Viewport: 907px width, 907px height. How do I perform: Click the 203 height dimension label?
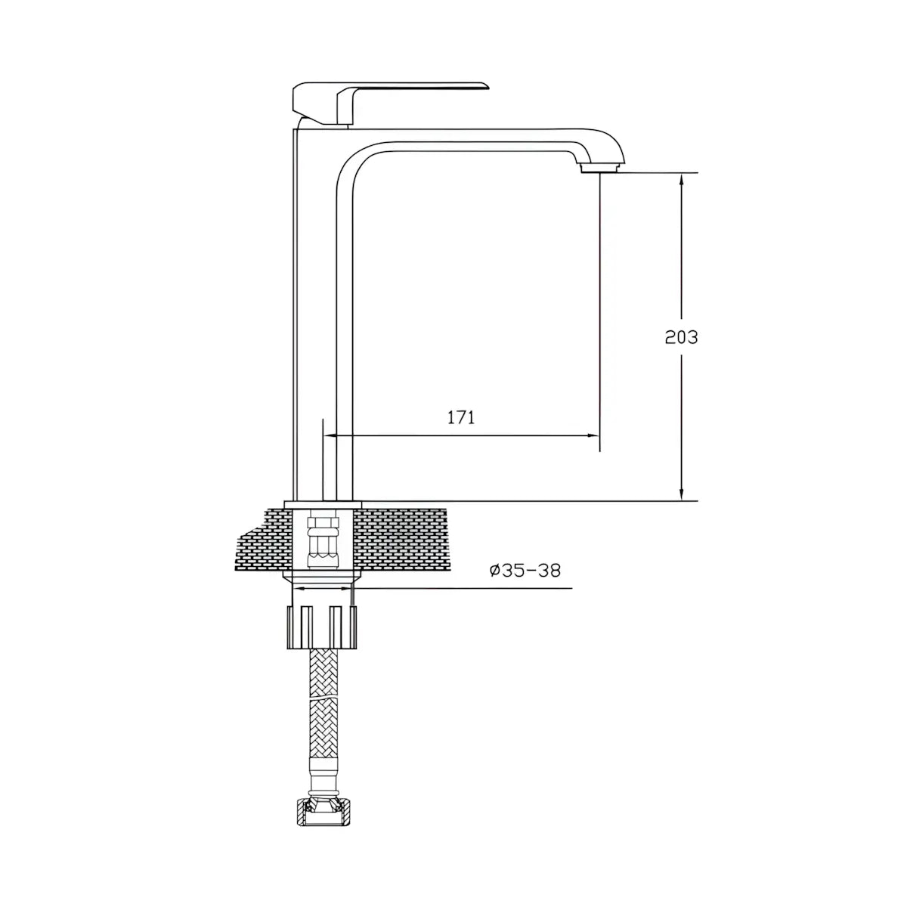click(x=681, y=337)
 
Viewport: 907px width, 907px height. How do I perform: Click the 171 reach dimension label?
click(x=461, y=417)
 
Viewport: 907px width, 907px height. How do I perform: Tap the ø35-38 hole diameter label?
click(x=525, y=571)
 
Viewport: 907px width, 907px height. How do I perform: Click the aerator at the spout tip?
click(x=602, y=169)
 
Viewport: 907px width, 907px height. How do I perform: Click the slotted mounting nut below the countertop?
click(x=322, y=627)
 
